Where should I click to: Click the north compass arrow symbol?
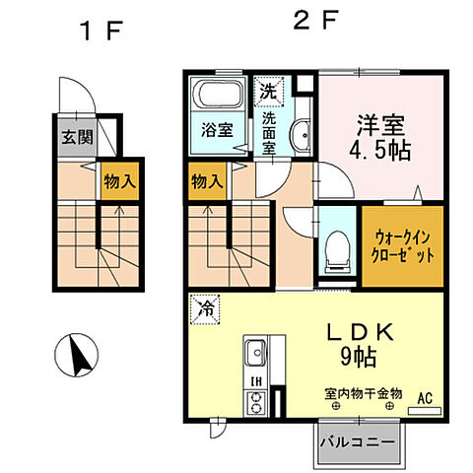[x=79, y=356]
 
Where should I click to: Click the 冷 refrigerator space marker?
[x=203, y=308]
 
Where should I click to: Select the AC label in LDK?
[x=425, y=397]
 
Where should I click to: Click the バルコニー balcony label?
[x=358, y=442]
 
